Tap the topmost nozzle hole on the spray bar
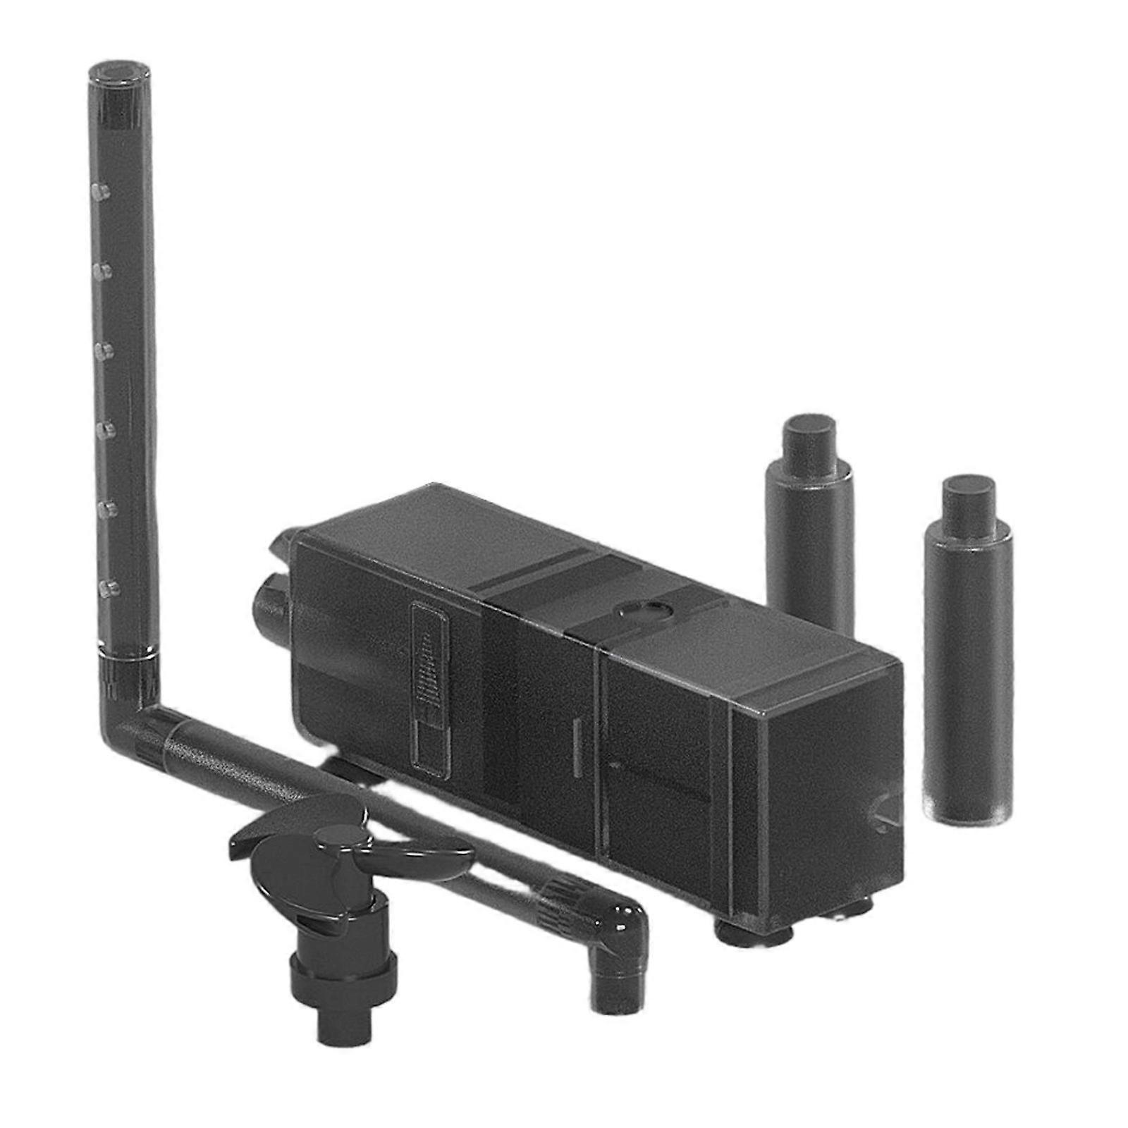pyautogui.click(x=100, y=190)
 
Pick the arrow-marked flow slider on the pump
pyautogui.click(x=430, y=687)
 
